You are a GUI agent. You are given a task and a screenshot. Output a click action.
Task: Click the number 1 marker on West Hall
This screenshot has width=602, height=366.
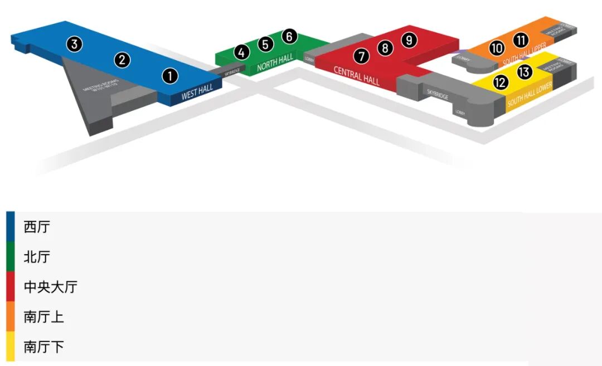(x=170, y=76)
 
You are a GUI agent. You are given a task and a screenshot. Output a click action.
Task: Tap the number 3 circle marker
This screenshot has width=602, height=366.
(x=75, y=44)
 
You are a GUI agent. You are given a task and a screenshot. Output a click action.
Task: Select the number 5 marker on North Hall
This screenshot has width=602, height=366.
(x=265, y=44)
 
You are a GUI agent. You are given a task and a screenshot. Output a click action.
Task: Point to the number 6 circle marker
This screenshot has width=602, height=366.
(x=289, y=36)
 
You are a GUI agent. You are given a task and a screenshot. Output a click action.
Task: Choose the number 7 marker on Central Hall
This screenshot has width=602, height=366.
(x=361, y=56)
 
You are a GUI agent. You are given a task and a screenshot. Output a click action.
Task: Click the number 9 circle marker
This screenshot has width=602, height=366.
(x=409, y=40)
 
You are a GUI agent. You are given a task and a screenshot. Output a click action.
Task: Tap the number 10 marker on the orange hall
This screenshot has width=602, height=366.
(x=497, y=48)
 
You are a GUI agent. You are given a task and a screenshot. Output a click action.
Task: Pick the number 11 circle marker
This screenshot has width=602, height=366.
(x=521, y=40)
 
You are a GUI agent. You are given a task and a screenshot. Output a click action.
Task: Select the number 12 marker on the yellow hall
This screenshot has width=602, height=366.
(x=501, y=82)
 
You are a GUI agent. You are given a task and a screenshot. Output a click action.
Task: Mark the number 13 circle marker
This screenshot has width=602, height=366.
(x=525, y=72)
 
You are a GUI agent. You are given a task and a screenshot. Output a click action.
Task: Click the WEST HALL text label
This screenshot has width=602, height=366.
(x=197, y=93)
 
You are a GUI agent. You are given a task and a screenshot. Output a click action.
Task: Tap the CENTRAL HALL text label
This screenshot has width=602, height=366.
(x=357, y=75)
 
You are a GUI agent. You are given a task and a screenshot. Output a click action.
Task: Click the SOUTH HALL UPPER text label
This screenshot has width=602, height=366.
(x=524, y=55)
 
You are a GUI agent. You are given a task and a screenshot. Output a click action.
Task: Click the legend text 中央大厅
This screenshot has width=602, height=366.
(x=50, y=287)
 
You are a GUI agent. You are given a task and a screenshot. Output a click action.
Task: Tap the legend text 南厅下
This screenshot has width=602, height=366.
(x=43, y=347)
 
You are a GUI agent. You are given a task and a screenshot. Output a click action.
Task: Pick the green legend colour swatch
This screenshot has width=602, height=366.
(x=11, y=257)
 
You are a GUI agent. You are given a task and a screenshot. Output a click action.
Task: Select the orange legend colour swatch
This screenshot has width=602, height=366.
(x=11, y=317)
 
